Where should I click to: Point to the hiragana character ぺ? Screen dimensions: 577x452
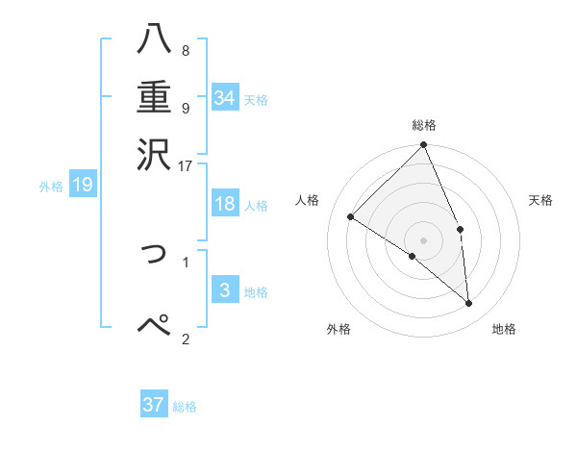[155, 325]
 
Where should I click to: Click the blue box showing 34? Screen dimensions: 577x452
[225, 97]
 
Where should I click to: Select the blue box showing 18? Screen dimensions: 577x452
[225, 204]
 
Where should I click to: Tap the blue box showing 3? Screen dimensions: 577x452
[225, 290]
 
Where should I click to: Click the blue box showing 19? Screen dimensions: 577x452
[83, 185]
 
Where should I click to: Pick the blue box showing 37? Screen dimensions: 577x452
[154, 405]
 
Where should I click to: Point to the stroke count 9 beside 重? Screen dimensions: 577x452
[185, 108]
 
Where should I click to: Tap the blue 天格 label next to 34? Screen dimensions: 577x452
[256, 99]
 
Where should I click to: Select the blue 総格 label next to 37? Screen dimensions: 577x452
[185, 407]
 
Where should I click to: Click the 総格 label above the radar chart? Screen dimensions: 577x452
[424, 125]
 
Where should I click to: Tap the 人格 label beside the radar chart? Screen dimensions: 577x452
[308, 200]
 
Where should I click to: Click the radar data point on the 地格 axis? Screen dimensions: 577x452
[468, 304]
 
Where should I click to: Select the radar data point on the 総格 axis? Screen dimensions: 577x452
[424, 146]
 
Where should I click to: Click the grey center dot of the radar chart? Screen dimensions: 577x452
[424, 239]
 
